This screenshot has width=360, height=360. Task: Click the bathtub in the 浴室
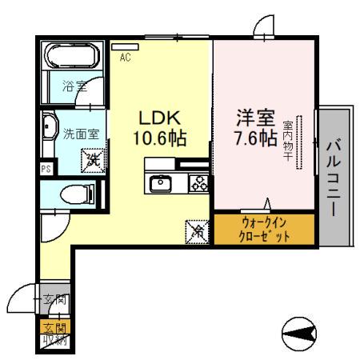pyautogui.click(x=70, y=58)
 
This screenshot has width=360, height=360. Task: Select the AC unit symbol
pyautogui.click(x=125, y=47)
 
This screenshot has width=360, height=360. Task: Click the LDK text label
pyautogui.click(x=159, y=116)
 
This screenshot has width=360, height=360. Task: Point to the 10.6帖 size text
pyautogui.click(x=159, y=138)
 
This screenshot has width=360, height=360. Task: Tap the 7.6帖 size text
pyautogui.click(x=250, y=138)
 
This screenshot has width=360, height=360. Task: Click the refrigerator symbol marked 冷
pyautogui.click(x=195, y=232)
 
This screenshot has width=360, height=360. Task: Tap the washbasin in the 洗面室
pyautogui.click(x=50, y=129)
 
